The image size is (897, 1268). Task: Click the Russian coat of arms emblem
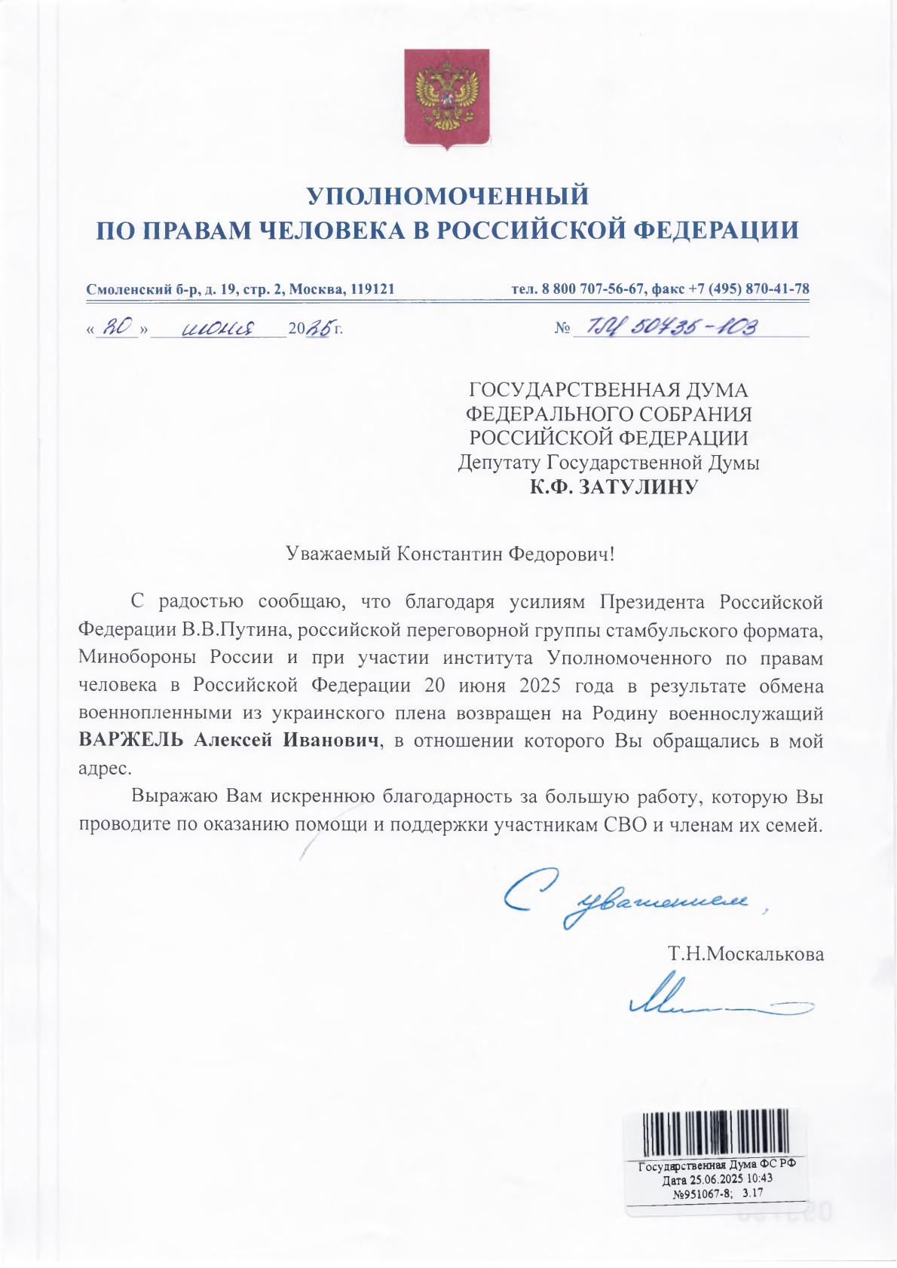pyautogui.click(x=447, y=98)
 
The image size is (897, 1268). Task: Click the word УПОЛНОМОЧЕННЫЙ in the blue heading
pyautogui.click(x=448, y=196)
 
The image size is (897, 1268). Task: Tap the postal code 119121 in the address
pyautogui.click(x=370, y=289)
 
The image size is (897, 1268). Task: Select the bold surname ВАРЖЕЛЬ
pyautogui.click(x=131, y=741)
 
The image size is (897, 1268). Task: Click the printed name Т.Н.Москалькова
pyautogui.click(x=745, y=955)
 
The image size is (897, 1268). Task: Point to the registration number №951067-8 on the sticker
pyautogui.click(x=702, y=1193)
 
